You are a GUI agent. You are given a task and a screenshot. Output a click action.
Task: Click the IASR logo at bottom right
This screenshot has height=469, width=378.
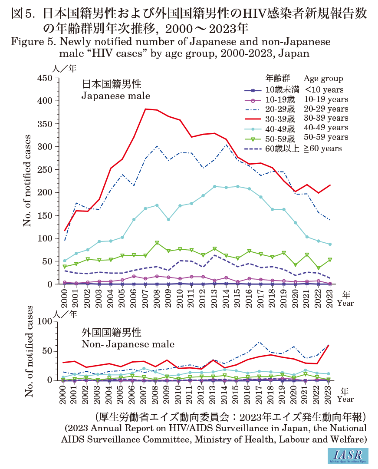pyautogui.click(x=349, y=455)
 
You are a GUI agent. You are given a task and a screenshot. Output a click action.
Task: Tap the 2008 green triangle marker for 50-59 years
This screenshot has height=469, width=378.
pyautogui.click(x=157, y=243)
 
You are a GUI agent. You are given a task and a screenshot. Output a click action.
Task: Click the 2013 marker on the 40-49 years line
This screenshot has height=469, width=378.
pyautogui.click(x=214, y=186)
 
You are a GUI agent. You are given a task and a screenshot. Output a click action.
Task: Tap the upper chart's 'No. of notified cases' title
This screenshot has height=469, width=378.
pyautogui.click(x=28, y=181)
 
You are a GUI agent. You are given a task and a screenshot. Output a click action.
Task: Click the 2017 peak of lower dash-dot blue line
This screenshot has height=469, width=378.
pyautogui.click(x=259, y=342)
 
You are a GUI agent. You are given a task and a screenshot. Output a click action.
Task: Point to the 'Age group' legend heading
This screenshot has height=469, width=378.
pyautogui.click(x=323, y=79)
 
